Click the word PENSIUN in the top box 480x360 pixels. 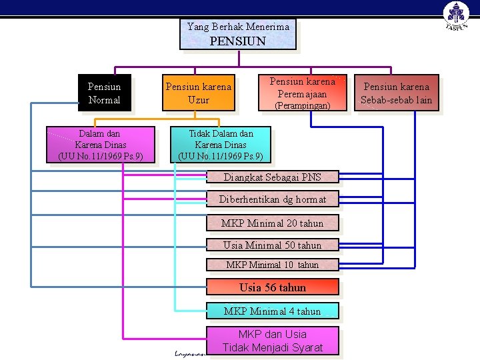coord(238,41)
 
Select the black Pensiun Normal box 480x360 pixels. coord(104,93)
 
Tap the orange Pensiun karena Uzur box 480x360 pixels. coord(199,93)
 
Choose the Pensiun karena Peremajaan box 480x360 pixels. coord(302,93)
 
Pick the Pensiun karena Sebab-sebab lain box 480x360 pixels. coord(397,93)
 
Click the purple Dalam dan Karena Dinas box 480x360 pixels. coord(101,145)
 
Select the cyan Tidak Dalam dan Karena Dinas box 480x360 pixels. coord(221,145)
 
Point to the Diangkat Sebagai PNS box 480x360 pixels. coord(272,177)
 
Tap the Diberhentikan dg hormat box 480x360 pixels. coord(272,199)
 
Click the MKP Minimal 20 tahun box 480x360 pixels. coord(272,223)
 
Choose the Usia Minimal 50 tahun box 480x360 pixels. coord(272,245)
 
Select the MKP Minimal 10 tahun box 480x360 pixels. coord(272,265)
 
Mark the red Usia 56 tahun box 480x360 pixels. coord(272,287)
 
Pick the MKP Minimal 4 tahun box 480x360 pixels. coord(272,311)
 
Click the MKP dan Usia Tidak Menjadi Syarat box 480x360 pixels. coord(272,341)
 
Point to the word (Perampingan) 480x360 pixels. coord(303,105)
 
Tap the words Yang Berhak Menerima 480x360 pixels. coord(238,27)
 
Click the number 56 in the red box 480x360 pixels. coord(270,287)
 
